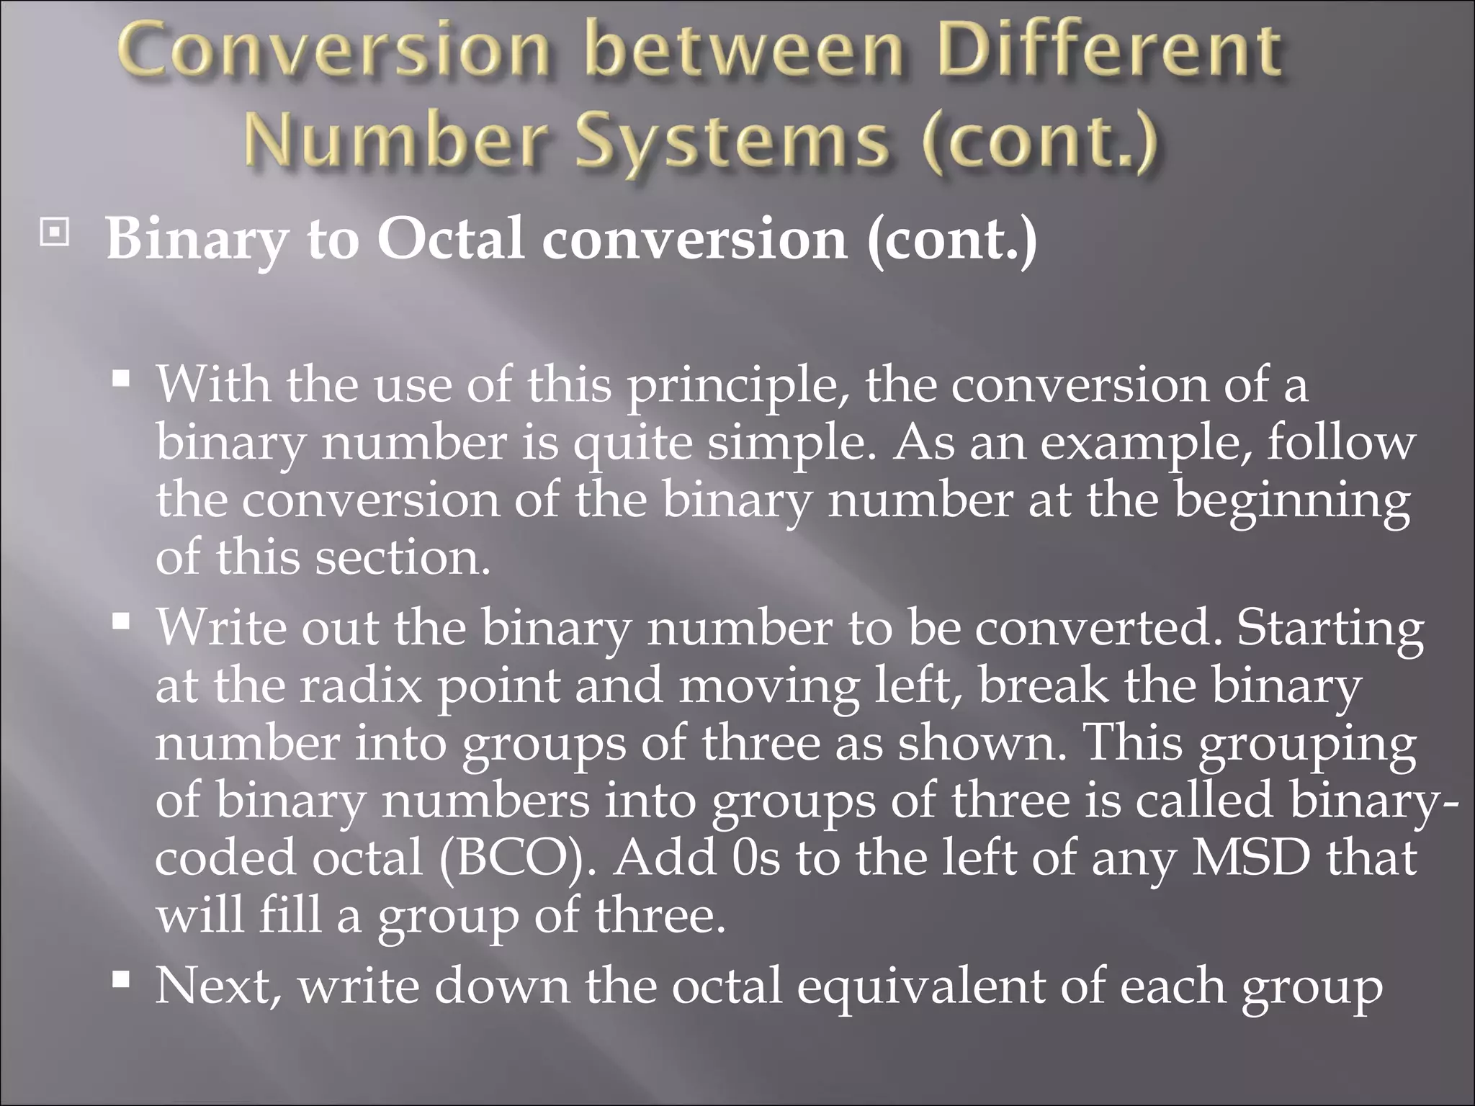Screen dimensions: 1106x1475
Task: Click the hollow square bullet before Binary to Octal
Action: pyautogui.click(x=54, y=235)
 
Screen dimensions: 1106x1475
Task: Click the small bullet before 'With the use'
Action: pyautogui.click(x=121, y=377)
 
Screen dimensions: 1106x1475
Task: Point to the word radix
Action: pyautogui.click(x=360, y=686)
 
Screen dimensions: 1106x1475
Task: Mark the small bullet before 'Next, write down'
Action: pyautogui.click(x=121, y=979)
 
